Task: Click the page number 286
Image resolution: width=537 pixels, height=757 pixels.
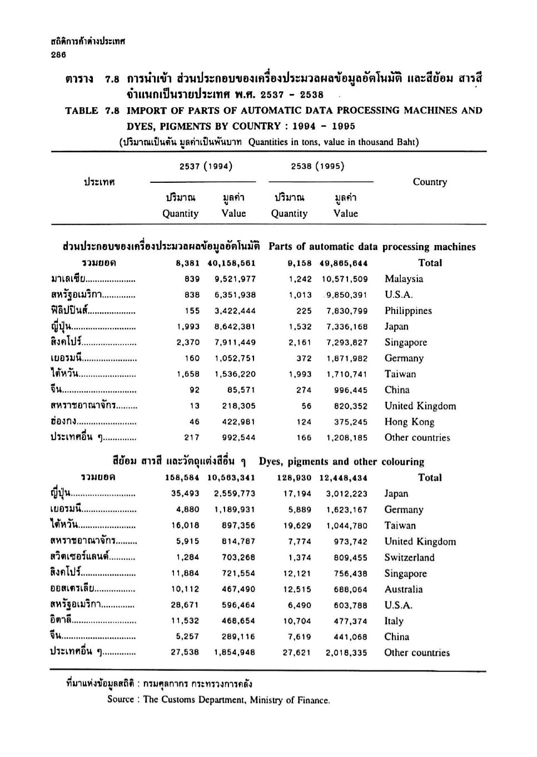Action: click(x=57, y=54)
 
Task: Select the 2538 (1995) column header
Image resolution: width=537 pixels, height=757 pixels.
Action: click(x=317, y=166)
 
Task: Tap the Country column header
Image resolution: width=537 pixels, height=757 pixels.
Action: click(x=430, y=182)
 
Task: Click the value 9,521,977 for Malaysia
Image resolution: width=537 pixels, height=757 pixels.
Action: click(x=235, y=279)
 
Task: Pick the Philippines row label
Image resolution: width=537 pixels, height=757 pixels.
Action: click(x=408, y=311)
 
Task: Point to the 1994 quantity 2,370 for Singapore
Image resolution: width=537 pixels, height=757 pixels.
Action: click(x=188, y=342)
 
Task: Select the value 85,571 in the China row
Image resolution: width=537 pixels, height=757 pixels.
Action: click(x=240, y=390)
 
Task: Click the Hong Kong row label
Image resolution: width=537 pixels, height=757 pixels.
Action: click(x=409, y=422)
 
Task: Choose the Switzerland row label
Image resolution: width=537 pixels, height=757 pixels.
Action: click(x=409, y=557)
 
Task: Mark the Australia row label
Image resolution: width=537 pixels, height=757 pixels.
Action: click(x=403, y=589)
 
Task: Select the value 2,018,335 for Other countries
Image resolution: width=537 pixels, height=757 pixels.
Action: click(x=346, y=653)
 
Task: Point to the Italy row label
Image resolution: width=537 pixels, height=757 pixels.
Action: click(x=394, y=621)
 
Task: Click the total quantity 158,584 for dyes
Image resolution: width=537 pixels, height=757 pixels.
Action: click(x=182, y=477)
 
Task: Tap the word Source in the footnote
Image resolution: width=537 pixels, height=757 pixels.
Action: click(x=121, y=700)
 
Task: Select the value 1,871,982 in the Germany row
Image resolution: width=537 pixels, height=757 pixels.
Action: click(x=347, y=358)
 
